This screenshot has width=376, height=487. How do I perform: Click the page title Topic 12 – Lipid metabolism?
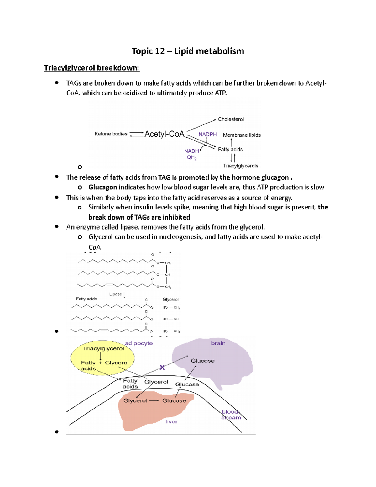(x=188, y=51)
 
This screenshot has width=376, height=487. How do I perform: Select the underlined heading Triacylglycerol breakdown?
(x=91, y=68)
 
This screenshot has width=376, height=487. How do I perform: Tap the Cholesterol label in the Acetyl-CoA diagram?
(x=231, y=119)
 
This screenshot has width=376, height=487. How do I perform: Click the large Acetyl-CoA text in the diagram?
(x=164, y=134)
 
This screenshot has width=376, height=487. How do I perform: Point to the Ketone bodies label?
(x=111, y=134)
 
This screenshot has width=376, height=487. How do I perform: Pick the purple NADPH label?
(x=207, y=135)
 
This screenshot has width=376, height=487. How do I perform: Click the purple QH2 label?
(x=191, y=157)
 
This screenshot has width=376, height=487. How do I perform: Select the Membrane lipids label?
(x=242, y=135)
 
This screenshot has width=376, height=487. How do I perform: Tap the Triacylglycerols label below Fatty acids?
(x=240, y=166)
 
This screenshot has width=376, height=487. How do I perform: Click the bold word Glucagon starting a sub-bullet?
(x=103, y=187)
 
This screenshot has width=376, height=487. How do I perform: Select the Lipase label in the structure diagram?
(x=115, y=294)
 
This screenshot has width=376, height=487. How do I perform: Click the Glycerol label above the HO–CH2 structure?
(x=170, y=299)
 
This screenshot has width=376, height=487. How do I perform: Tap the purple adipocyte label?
(x=139, y=343)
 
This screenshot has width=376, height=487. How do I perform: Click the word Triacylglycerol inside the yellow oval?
(x=103, y=348)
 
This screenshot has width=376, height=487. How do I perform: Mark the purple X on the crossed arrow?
(x=162, y=367)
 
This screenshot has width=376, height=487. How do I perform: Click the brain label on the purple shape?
(x=218, y=343)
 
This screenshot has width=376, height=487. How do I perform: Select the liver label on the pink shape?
(x=171, y=422)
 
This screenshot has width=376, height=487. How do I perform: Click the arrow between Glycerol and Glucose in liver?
(x=154, y=401)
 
